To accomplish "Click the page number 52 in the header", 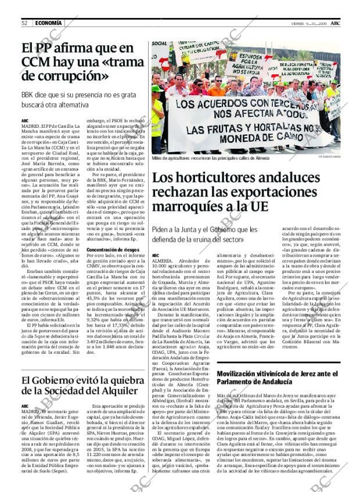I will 25,23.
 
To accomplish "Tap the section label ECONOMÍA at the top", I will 47,23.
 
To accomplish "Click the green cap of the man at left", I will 156,88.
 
